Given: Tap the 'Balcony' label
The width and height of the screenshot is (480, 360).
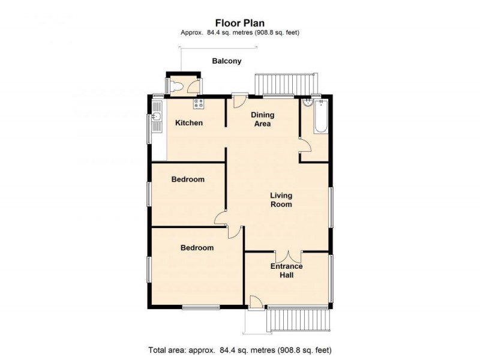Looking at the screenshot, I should point(227,61).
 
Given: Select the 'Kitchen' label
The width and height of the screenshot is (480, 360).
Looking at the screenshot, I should point(189,123).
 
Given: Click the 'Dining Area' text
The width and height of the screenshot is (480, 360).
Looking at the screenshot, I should point(262,119).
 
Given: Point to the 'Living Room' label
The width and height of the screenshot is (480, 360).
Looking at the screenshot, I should point(281,200).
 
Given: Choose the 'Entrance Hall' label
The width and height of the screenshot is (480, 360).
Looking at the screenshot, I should point(286,271).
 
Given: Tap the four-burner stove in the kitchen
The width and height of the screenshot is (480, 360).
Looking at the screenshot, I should point(198,103).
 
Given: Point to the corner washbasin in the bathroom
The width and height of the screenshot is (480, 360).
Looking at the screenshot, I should point(307,103).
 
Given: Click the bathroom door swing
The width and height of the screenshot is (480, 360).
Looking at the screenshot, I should point(305,144).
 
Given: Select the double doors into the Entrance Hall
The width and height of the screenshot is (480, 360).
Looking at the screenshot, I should point(287,256).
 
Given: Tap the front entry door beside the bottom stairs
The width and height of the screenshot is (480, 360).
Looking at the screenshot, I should point(254,302).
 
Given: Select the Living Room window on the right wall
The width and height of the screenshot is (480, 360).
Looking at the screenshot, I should point(331,206).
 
